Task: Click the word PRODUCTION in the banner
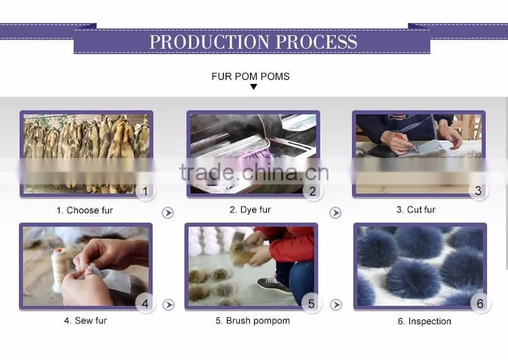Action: pyautogui.click(x=209, y=42)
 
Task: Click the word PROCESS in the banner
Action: pyautogui.click(x=316, y=42)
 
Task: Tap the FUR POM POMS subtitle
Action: pyautogui.click(x=251, y=77)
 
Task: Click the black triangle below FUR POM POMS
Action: pyautogui.click(x=254, y=87)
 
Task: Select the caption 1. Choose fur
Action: pyautogui.click(x=85, y=210)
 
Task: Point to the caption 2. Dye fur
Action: pyautogui.click(x=250, y=210)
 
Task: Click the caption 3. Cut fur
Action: pyautogui.click(x=416, y=210)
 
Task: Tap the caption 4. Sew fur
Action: pyautogui.click(x=85, y=321)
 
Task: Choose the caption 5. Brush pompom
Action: pyautogui.click(x=253, y=321)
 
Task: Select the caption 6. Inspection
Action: pyautogui.click(x=425, y=321)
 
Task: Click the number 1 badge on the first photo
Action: pyautogui.click(x=146, y=191)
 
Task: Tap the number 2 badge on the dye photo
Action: pyautogui.click(x=312, y=191)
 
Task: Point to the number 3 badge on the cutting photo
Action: pyautogui.click(x=478, y=191)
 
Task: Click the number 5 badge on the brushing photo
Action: pyautogui.click(x=311, y=304)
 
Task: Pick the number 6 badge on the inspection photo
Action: pyautogui.click(x=480, y=304)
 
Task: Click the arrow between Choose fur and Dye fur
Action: pyautogui.click(x=168, y=213)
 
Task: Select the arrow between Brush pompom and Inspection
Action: pyautogui.click(x=336, y=305)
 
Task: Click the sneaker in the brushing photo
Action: pyautogui.click(x=274, y=284)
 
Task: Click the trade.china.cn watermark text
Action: pyautogui.click(x=254, y=172)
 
